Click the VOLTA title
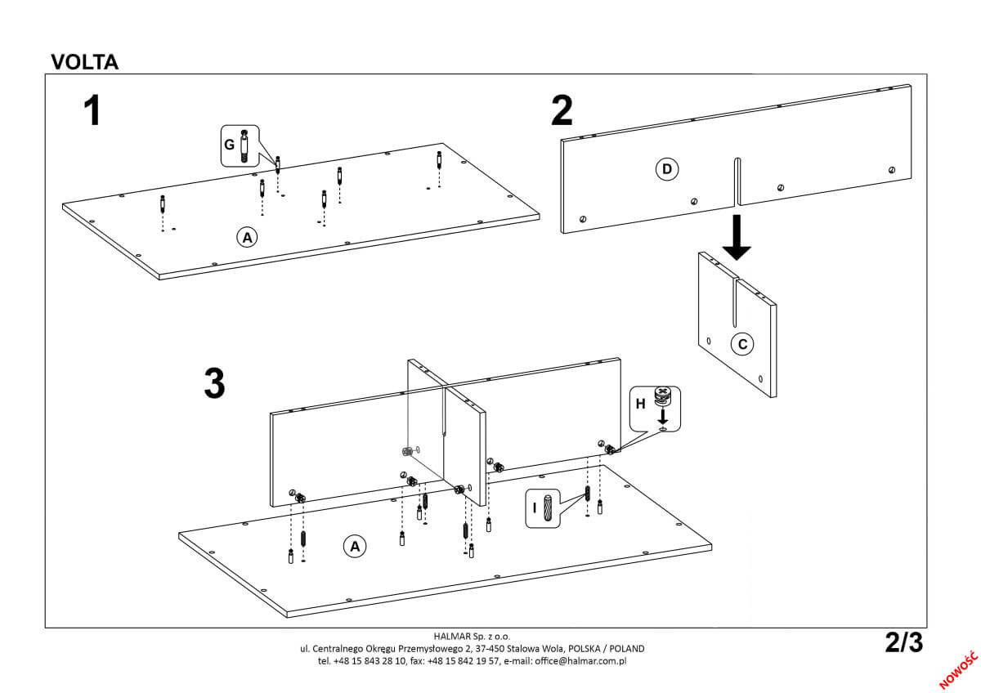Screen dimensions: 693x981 tap(85, 62)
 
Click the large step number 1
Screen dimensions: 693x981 tap(93, 111)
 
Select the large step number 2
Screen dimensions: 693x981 tap(562, 111)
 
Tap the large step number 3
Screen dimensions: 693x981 tap(214, 383)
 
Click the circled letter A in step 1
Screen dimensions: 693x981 tap(246, 237)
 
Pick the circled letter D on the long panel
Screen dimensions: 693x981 tap(666, 169)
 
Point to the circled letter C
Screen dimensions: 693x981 tap(742, 344)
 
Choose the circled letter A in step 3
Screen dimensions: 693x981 tap(354, 545)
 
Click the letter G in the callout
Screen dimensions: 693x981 tap(229, 145)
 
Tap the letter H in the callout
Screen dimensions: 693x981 tap(640, 402)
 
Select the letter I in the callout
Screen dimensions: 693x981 tap(535, 507)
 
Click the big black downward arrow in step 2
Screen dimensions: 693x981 tap(737, 237)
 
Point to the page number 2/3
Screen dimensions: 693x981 tap(903, 643)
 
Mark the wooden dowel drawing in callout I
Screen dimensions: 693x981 tap(549, 507)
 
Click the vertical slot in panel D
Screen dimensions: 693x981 tap(737, 181)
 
